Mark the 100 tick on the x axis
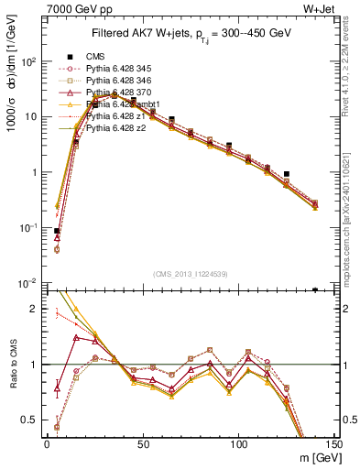click(239, 445)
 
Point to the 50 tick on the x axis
click(143, 445)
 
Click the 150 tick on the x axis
click(334, 445)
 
